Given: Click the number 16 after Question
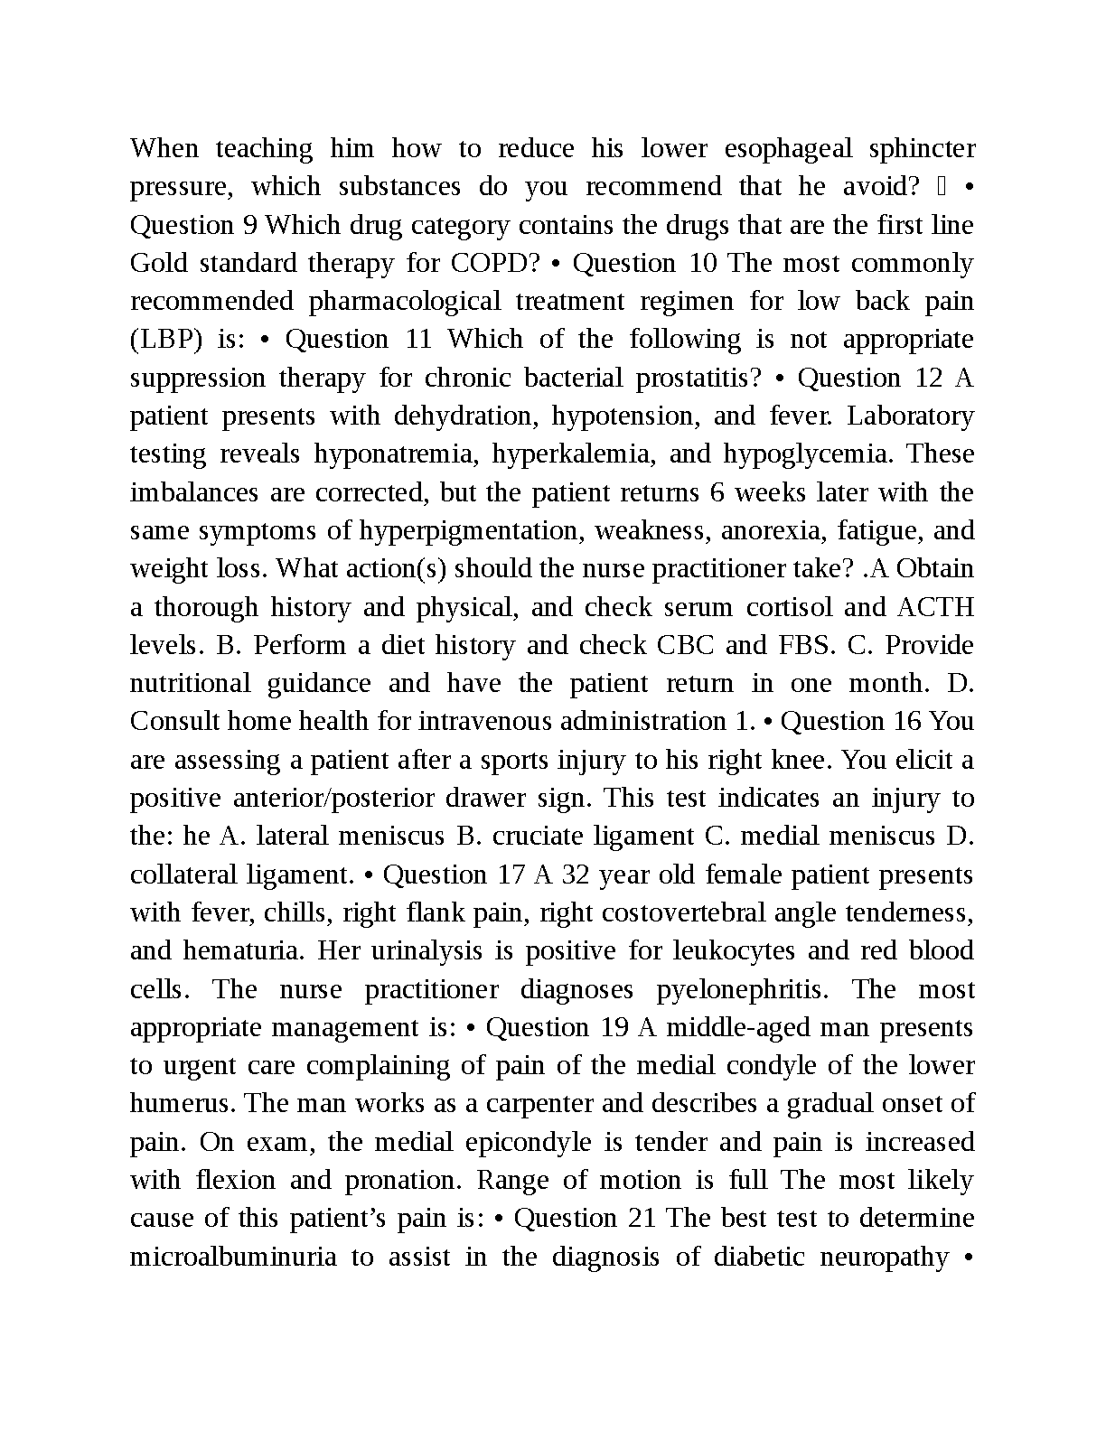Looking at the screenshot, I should tap(907, 721).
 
